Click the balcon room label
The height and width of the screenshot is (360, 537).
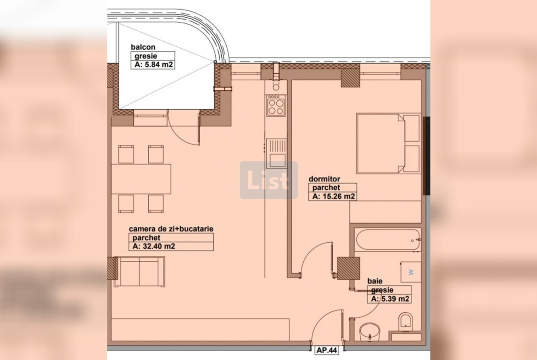143,47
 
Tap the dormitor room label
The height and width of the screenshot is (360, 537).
324,179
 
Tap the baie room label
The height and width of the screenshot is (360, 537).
375,281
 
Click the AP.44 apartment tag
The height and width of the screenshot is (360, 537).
327,350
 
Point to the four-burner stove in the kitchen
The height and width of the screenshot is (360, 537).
276,106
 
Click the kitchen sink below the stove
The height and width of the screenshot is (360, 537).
276,153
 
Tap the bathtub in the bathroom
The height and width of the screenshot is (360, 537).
388,239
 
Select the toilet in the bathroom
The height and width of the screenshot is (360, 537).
406,321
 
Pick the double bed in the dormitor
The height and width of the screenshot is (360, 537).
388,144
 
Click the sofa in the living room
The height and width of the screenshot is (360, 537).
140,271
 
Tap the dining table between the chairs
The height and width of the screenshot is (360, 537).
141,179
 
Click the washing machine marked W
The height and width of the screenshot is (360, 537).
410,272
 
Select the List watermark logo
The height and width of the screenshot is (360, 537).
268,180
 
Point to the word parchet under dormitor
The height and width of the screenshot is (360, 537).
326,188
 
